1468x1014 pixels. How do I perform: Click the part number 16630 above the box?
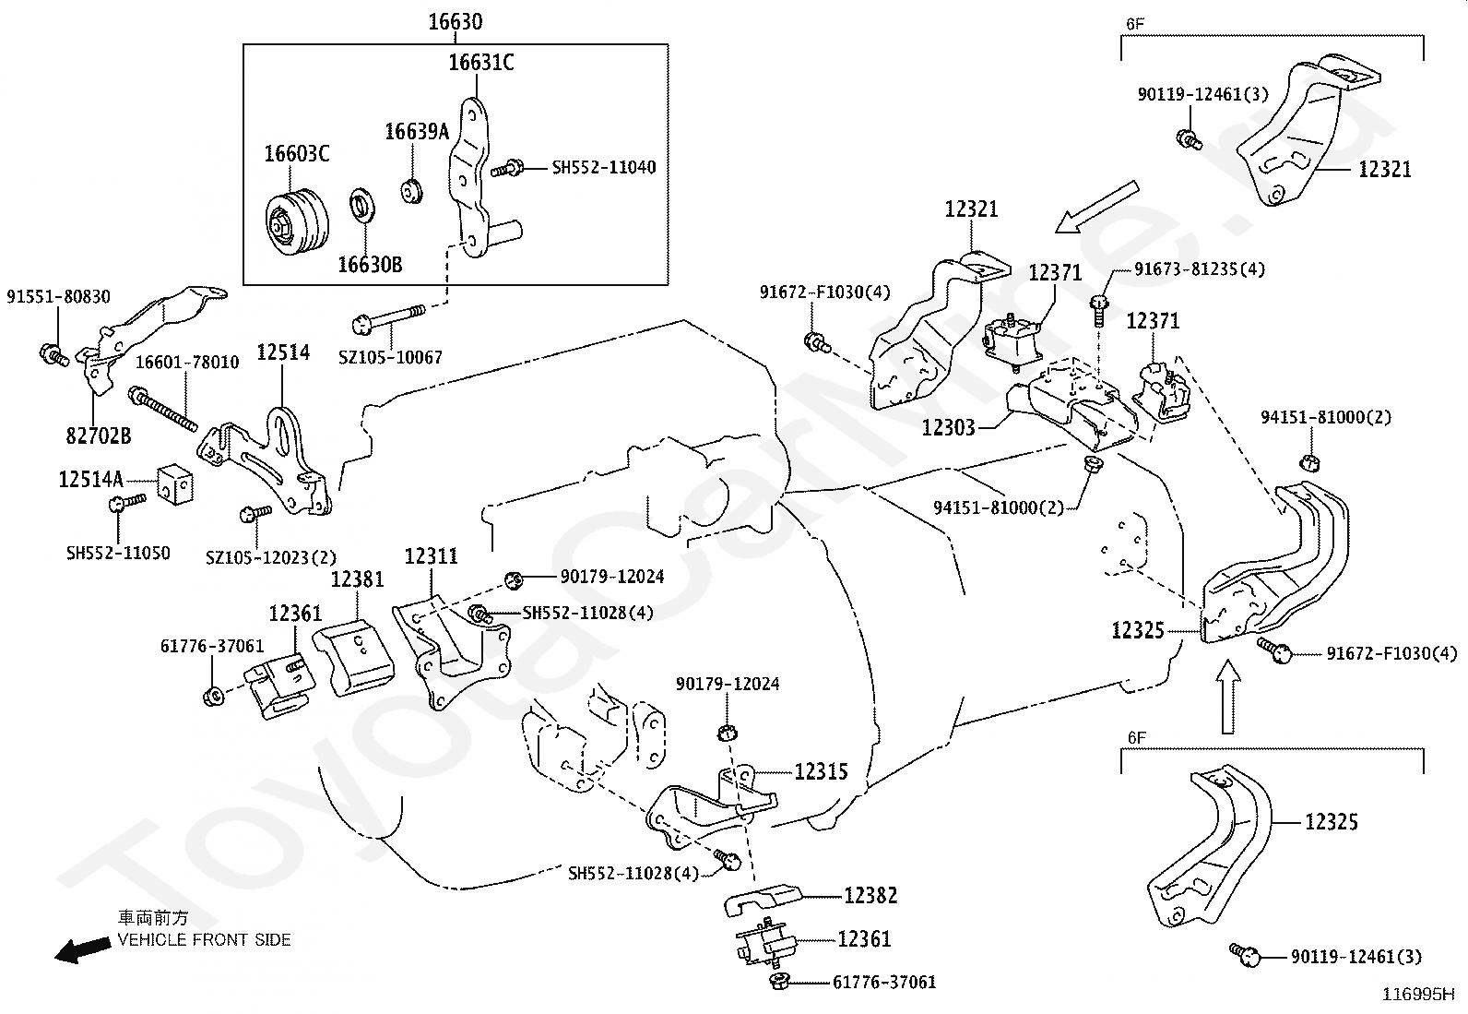(x=456, y=21)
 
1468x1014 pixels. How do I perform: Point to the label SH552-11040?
(x=604, y=167)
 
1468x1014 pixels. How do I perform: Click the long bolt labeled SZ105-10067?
(x=388, y=317)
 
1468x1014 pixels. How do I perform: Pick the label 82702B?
(x=99, y=435)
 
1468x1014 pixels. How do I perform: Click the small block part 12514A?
(x=175, y=485)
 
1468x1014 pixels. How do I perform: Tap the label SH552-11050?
(x=118, y=553)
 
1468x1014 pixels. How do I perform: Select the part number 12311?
(x=432, y=556)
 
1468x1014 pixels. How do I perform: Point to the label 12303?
(x=949, y=427)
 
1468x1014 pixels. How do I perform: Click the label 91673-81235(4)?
(x=1200, y=268)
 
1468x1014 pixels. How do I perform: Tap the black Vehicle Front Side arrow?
(x=83, y=949)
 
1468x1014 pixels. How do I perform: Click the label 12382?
(x=870, y=895)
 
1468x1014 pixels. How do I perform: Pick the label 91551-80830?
(x=58, y=296)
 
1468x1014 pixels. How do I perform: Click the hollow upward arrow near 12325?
(x=1228, y=696)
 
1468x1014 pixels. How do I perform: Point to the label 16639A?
(x=417, y=132)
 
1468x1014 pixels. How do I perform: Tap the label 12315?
(x=822, y=771)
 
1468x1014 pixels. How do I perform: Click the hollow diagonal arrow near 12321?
(x=1096, y=208)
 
